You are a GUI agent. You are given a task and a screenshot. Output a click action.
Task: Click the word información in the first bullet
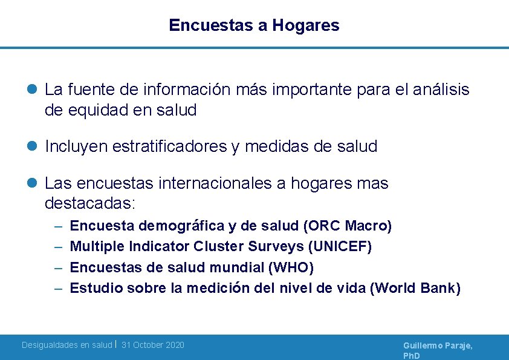[187, 90]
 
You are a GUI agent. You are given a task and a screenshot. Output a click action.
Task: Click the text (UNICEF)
[340, 247]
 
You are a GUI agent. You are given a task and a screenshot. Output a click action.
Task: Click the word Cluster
[217, 247]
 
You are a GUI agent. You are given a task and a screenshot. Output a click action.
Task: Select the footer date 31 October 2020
[153, 345]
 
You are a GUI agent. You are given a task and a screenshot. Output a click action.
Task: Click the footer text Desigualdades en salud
[66, 345]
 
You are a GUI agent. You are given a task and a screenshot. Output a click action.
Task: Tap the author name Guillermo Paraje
[438, 345]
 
